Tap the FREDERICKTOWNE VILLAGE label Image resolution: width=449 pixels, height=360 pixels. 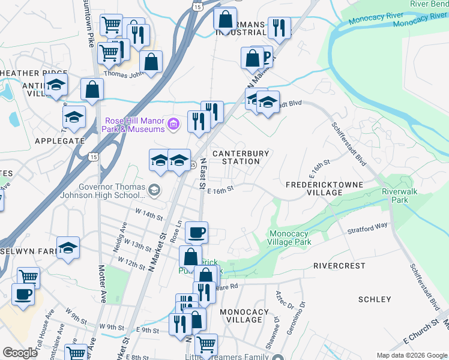point(314,188)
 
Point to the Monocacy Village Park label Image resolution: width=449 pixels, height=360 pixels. point(289,238)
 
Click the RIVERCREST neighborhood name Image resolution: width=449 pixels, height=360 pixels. point(339,265)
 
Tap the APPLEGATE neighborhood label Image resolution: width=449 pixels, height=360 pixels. point(59,141)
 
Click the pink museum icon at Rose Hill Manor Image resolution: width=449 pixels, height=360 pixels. point(173,124)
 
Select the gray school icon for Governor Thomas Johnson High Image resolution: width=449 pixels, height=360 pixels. point(155,191)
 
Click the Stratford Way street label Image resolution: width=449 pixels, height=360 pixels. point(368,227)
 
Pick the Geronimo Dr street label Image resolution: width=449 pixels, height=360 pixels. point(303,313)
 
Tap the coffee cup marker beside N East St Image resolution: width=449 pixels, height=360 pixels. point(196,232)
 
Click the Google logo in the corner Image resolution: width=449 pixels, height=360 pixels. point(20,353)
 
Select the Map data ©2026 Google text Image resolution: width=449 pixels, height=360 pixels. point(411,355)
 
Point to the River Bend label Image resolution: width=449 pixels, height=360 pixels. point(429,4)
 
